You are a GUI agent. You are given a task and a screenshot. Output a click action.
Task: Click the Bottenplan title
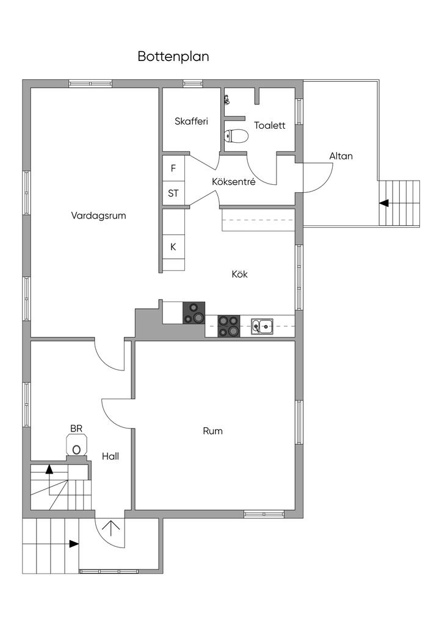(x=173, y=57)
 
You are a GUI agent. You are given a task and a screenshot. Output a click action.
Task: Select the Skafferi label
(x=191, y=121)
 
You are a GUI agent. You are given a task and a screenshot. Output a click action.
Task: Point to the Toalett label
(x=270, y=126)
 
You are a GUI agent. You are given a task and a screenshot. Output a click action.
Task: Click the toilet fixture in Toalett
(x=236, y=135)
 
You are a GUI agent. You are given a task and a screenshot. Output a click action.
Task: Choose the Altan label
(x=341, y=156)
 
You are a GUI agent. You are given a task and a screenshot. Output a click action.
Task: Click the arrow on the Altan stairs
(x=384, y=203)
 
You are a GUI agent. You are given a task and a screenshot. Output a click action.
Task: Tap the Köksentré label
(x=233, y=182)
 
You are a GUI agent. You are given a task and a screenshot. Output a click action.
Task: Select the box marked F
(x=173, y=168)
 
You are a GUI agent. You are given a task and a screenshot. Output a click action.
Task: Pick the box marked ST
(x=173, y=194)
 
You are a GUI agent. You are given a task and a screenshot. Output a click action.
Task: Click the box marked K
(x=173, y=247)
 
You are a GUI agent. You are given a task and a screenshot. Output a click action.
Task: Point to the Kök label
(x=239, y=274)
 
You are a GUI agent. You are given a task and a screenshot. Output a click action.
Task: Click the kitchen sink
(x=263, y=326)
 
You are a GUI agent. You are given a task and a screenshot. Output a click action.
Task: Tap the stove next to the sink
(x=229, y=326)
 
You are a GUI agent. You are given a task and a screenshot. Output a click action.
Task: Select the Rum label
(x=212, y=431)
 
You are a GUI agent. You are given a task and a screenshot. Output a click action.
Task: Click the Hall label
(x=111, y=456)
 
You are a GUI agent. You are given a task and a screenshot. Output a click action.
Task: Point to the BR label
(x=76, y=429)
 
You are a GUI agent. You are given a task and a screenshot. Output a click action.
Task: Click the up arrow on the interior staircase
(x=49, y=469)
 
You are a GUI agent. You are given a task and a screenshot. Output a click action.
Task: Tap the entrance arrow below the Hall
(x=111, y=527)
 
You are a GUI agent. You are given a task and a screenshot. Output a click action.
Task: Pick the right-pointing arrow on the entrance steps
(x=73, y=543)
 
